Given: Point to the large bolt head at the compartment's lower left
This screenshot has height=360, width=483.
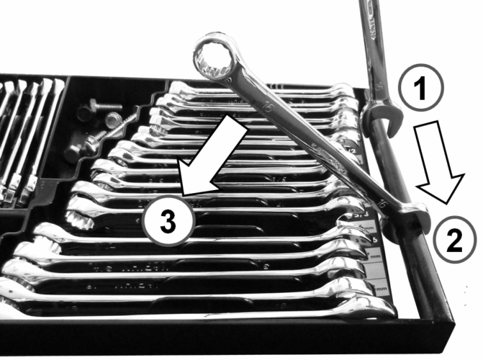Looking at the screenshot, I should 76,153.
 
